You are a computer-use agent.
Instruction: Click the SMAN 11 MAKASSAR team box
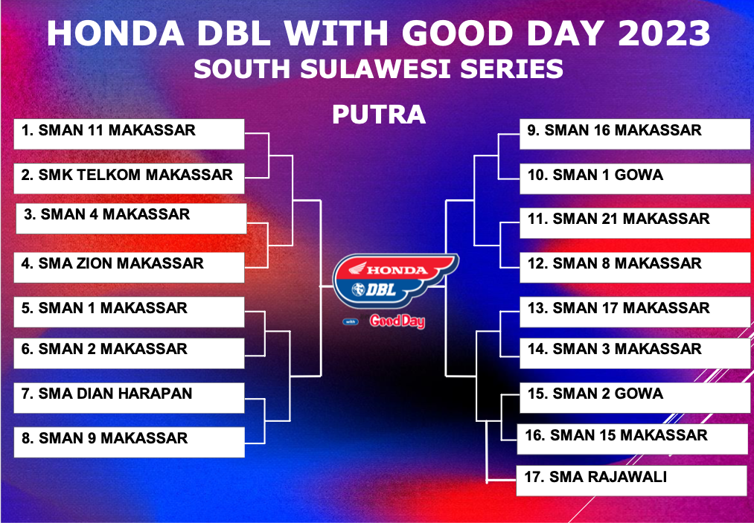[129, 134]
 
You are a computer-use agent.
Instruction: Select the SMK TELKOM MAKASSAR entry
[129, 179]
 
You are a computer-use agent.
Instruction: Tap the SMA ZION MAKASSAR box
[129, 267]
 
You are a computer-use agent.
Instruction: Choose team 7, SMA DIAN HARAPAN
[129, 398]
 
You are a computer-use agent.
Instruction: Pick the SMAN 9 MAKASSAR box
[129, 442]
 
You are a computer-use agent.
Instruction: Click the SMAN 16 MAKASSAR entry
[635, 134]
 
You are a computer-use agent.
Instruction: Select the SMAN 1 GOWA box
[635, 179]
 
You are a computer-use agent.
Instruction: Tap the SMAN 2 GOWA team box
[635, 398]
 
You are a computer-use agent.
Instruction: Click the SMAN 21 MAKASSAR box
[635, 223]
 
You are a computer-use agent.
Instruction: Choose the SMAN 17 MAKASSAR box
[635, 312]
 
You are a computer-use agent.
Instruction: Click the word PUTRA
[379, 115]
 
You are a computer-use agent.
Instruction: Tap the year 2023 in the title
[664, 33]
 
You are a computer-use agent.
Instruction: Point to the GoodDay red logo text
[397, 321]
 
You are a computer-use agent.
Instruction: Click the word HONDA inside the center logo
[397, 270]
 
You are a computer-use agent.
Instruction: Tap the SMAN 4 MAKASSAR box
[131, 218]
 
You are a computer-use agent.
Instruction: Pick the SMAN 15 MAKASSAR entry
[633, 440]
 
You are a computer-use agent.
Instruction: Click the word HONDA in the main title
[115, 33]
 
